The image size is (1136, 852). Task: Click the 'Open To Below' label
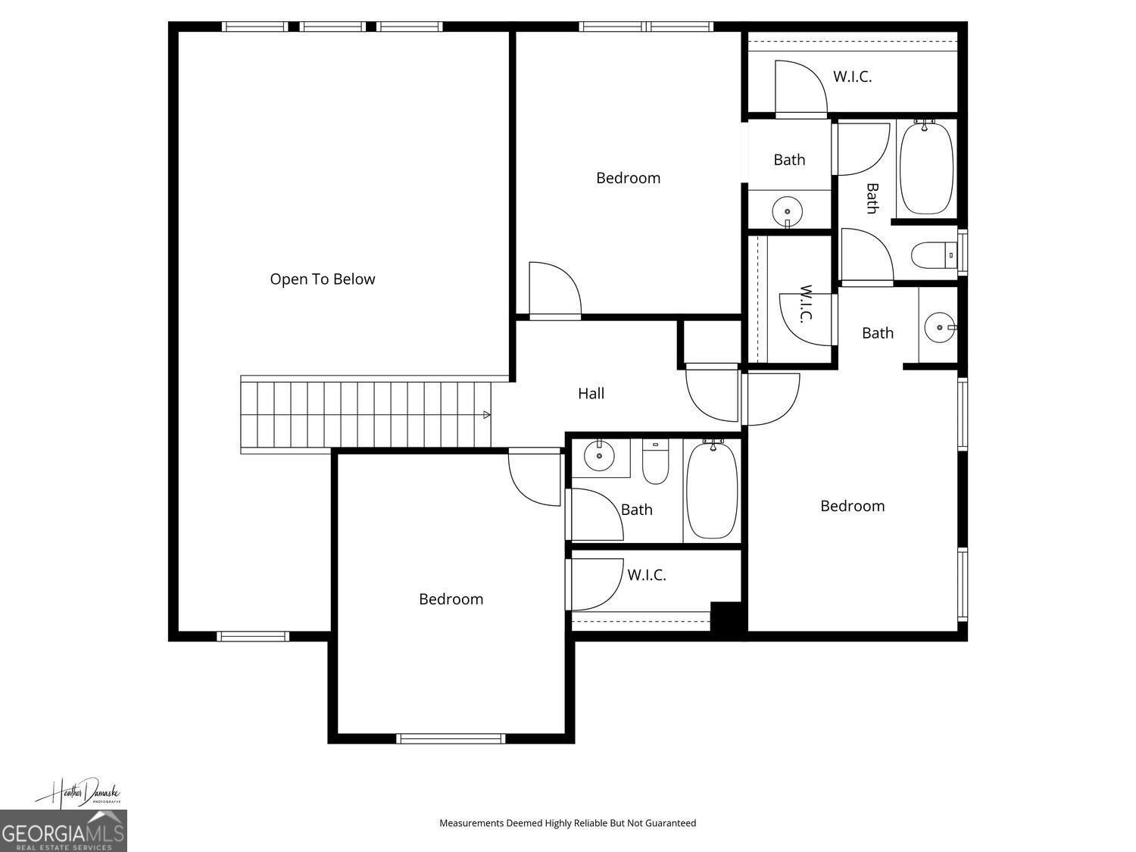point(323,279)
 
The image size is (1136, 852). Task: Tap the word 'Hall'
point(591,394)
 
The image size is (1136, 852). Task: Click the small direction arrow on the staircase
point(486,415)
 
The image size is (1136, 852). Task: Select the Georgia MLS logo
point(63,831)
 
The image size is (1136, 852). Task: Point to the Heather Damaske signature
point(77,793)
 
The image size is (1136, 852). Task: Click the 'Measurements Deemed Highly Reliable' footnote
point(567,822)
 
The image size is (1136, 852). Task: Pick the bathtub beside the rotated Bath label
point(925,168)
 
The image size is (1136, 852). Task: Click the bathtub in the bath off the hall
point(711,490)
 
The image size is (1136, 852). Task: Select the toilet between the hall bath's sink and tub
point(655,463)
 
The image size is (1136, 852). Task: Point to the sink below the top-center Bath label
point(788,212)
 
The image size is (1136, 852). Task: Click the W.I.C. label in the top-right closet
point(852,76)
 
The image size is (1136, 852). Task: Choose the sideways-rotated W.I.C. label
point(806,303)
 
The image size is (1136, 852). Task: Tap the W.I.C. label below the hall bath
point(646,576)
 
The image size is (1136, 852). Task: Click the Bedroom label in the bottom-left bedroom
point(451,600)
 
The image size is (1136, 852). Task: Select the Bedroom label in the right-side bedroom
point(852,507)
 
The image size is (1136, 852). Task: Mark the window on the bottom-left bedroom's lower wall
point(451,738)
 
